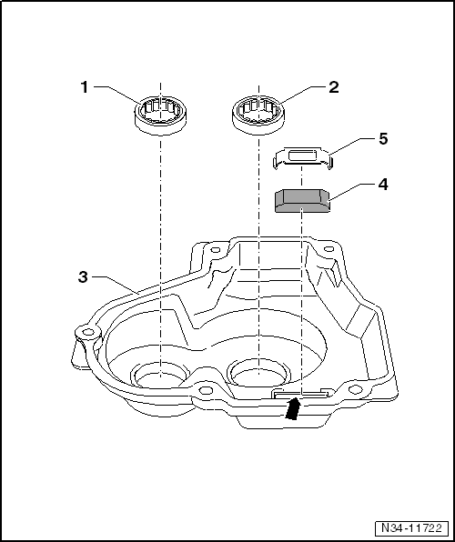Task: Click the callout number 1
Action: (84, 87)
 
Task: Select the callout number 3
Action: (84, 276)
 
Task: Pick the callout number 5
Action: (382, 140)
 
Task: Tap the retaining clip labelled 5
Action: (303, 158)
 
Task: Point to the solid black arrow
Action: (293, 409)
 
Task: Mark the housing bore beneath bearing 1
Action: (159, 374)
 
